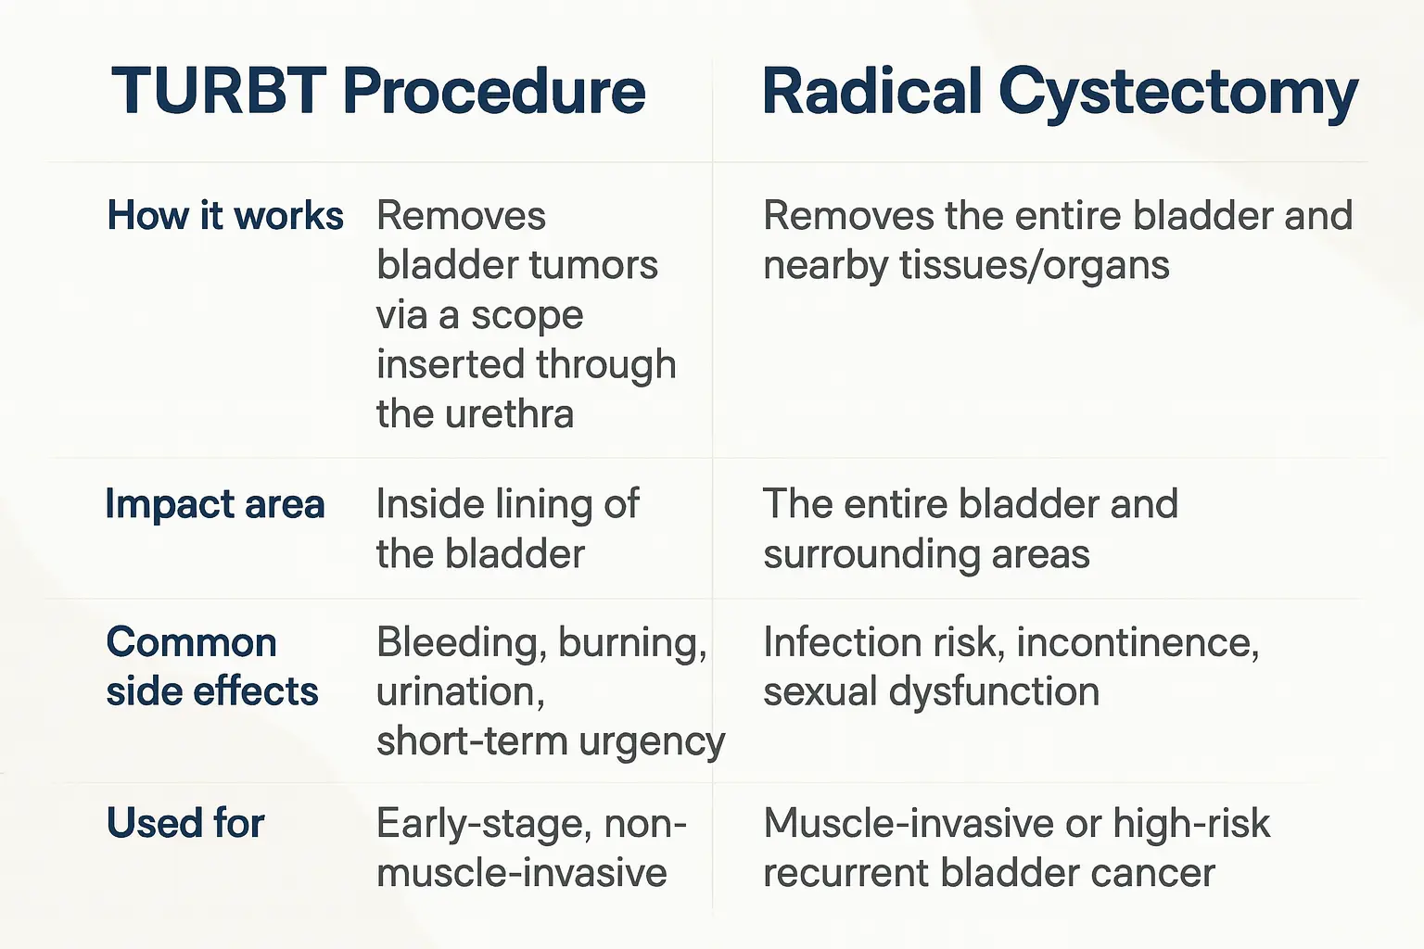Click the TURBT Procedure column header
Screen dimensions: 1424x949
pos(378,91)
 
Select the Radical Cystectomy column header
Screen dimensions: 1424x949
pos(1060,95)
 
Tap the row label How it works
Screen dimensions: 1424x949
pos(225,215)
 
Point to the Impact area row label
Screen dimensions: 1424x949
pos(215,503)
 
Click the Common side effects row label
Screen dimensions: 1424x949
pos(212,666)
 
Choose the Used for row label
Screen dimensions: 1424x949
pos(185,823)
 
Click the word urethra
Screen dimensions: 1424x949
pos(509,413)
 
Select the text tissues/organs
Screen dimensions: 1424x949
pos(1035,265)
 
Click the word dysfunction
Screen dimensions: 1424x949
pos(994,691)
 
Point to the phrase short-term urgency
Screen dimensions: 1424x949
pos(551,741)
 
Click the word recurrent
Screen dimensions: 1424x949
pos(846,873)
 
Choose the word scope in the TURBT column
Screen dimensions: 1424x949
pos(527,316)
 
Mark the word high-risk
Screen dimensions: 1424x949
pos(1191,824)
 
